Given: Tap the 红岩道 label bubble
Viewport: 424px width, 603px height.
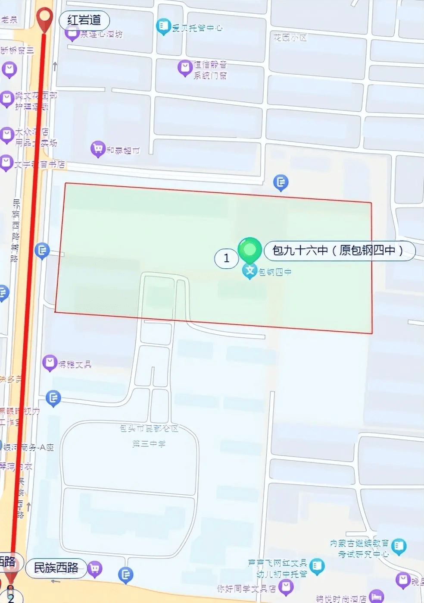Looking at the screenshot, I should tap(84, 20).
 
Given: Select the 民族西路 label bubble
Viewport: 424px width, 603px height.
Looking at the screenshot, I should tap(56, 568).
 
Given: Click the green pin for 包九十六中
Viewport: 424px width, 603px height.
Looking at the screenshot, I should tap(249, 249).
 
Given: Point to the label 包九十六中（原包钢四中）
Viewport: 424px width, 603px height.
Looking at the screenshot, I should tap(339, 250).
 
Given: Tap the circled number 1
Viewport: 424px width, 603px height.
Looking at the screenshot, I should tap(226, 258).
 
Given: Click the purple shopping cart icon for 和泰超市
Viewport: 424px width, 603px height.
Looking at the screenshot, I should tap(98, 149).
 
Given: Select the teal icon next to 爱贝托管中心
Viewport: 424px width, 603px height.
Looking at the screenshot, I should tap(163, 26).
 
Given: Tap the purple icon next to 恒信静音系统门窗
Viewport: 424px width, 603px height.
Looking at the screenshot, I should tap(185, 67).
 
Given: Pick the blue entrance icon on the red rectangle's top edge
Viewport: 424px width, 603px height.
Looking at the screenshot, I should tap(281, 182).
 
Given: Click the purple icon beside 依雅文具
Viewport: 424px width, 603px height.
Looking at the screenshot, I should tap(50, 363).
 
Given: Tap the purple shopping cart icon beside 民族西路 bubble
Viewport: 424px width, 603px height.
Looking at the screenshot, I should tap(95, 569).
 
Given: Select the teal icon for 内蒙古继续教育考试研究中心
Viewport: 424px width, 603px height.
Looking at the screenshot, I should tap(399, 546).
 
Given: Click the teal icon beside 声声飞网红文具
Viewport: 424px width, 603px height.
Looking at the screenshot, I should tap(317, 565).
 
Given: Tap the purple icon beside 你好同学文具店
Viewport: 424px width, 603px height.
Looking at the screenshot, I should tap(286, 586).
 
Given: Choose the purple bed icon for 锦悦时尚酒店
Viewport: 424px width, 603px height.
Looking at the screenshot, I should tap(376, 597).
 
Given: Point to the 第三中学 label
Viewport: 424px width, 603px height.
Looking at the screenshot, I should tap(149, 443).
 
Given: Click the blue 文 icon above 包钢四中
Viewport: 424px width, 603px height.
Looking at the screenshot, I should tap(249, 271).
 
